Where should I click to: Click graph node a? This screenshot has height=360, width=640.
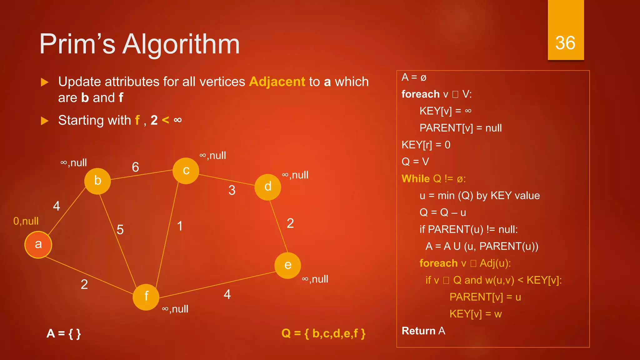tap(38, 245)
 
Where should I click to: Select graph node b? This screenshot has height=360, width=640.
tap(97, 181)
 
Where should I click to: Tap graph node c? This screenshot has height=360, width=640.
tap(186, 171)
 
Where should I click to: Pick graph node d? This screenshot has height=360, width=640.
tap(268, 187)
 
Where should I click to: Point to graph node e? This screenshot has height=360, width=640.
tap(287, 265)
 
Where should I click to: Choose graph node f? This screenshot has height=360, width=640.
tap(146, 297)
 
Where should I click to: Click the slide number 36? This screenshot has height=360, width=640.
tap(565, 43)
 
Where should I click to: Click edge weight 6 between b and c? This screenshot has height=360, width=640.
tap(135, 167)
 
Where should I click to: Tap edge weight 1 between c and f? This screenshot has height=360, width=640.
tap(180, 226)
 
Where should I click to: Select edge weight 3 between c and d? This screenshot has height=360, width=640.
tap(232, 190)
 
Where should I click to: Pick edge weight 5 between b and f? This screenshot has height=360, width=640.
tap(120, 230)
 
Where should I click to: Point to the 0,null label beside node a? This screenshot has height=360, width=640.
tap(26, 221)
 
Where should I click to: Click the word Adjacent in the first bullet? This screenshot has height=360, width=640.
tap(277, 82)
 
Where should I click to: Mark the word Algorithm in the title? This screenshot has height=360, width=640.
tap(181, 44)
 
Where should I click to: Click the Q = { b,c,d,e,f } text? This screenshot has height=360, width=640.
tap(323, 333)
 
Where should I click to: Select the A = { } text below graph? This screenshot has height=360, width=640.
tap(64, 333)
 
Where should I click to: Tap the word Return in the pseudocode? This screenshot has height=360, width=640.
tap(418, 331)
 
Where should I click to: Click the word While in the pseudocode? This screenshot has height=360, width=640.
tap(416, 179)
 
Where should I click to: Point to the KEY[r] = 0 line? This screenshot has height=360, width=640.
tap(426, 145)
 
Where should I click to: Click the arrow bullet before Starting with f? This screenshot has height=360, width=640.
tap(45, 121)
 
